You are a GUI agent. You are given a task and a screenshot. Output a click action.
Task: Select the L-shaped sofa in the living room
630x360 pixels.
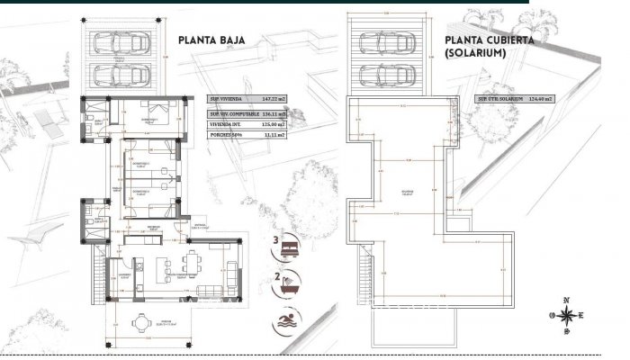[226, 270]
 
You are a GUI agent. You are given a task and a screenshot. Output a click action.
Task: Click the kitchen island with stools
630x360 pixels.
[166, 267]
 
